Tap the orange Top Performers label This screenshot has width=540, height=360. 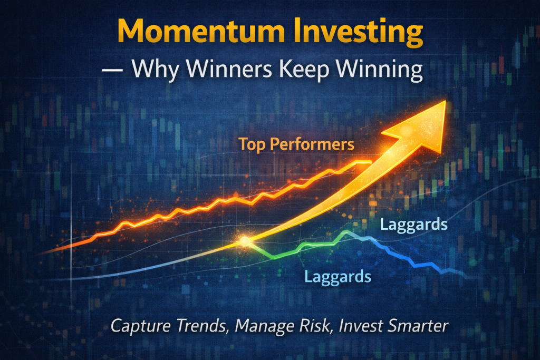tap(296, 143)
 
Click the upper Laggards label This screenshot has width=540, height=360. tap(413, 225)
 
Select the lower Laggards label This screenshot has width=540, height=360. tap(337, 276)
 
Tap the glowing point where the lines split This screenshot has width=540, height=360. tap(245, 241)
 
